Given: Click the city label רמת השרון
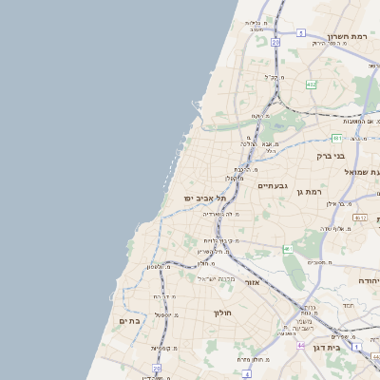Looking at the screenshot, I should [x=347, y=36].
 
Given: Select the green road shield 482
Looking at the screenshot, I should [x=311, y=85].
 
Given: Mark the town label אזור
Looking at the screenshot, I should [x=251, y=282].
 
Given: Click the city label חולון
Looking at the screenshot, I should [x=223, y=313].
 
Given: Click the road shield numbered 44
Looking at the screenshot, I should [x=301, y=345].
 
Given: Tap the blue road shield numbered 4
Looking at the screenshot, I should [x=247, y=374].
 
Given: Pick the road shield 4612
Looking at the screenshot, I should [x=360, y=218].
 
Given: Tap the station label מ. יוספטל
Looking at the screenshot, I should [x=156, y=313].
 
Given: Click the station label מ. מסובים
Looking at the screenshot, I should [x=317, y=261].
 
